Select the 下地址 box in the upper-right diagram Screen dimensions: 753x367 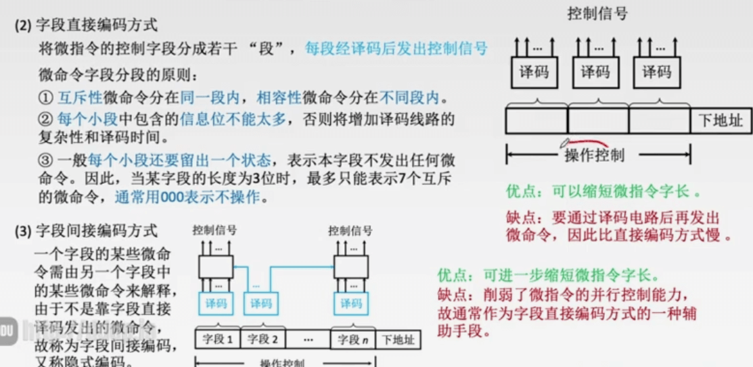tap(721, 121)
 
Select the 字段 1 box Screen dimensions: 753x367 tap(218, 339)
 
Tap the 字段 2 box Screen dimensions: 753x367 tap(263, 339)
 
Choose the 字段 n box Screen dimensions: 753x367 tap(353, 339)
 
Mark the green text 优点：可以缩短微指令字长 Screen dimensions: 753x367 tap(603, 191)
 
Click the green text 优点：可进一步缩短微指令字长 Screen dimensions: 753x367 tap(547, 275)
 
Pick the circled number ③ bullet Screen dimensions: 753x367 tap(45, 161)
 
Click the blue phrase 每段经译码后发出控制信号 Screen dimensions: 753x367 tap(396, 48)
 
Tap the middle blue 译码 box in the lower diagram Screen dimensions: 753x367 tap(261, 303)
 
